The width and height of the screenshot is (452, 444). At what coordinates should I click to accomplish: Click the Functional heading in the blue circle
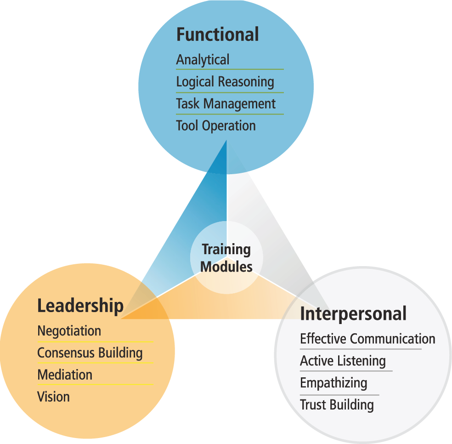(x=217, y=35)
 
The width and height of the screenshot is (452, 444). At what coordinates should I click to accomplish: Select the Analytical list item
(x=203, y=60)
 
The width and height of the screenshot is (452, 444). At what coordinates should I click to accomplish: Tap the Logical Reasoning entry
(x=225, y=82)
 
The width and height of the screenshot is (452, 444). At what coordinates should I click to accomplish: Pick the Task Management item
(x=226, y=104)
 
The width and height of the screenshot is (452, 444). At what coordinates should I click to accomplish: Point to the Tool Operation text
(x=216, y=126)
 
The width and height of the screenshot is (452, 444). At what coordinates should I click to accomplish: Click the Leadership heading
(x=80, y=306)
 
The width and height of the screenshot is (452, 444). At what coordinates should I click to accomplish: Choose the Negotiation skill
(x=69, y=331)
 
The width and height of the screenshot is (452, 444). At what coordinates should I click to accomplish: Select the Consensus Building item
(x=90, y=353)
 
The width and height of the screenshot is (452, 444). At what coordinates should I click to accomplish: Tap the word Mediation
(x=65, y=375)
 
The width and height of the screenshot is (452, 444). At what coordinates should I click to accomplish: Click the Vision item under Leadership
(x=53, y=397)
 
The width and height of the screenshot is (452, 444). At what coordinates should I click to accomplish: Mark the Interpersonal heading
(x=353, y=314)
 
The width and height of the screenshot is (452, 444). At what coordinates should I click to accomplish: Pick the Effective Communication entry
(x=367, y=339)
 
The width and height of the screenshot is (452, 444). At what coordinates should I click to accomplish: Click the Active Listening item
(x=343, y=361)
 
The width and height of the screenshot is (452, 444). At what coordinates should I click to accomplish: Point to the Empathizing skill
(x=333, y=383)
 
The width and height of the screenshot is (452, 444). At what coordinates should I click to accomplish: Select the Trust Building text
(x=337, y=405)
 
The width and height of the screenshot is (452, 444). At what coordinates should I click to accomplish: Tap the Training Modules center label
(x=226, y=258)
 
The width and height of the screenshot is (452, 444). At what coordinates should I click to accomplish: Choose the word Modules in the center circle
(x=226, y=266)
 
